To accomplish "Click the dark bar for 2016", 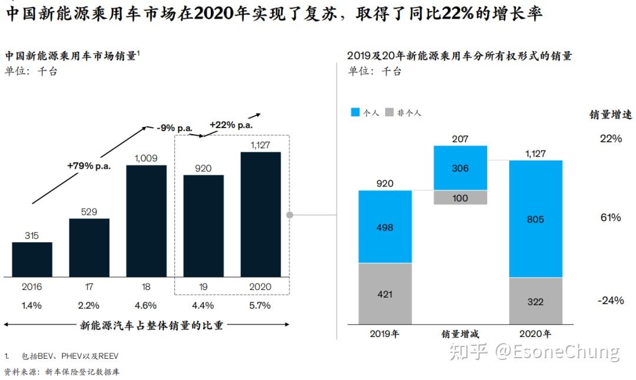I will click(32, 259).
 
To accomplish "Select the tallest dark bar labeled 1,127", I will click(260, 215).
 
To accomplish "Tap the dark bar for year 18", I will click(146, 221).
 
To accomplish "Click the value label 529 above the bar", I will click(89, 212).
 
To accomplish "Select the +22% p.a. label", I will click(231, 125).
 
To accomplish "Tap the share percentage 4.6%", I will click(146, 305).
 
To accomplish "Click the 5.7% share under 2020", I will click(260, 305).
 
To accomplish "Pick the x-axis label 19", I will click(203, 287).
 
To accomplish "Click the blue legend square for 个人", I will click(355, 112).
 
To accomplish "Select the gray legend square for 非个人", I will click(389, 112).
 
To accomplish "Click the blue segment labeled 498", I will click(385, 227).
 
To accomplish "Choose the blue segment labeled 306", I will click(461, 168).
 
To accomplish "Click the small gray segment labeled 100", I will click(461, 198).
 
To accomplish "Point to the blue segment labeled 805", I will click(536, 219).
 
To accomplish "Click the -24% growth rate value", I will click(609, 301).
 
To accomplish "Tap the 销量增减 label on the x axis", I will click(461, 334).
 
